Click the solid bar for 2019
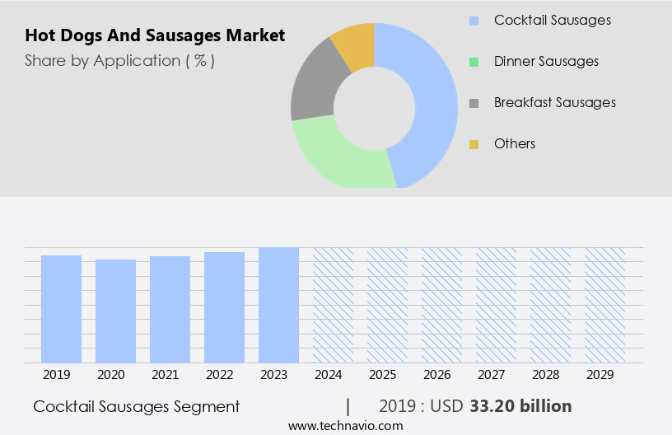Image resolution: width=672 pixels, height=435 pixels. click(61, 309)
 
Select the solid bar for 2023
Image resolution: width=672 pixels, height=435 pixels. click(278, 305)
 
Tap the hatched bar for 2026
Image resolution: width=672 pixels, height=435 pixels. click(441, 305)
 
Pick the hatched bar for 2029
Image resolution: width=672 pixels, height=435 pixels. click(604, 305)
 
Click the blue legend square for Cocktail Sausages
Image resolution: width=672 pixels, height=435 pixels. click(474, 21)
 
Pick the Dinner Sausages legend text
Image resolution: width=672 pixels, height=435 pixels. click(546, 61)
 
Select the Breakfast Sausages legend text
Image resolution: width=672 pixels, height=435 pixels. click(554, 102)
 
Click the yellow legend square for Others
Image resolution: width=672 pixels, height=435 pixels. click(474, 144)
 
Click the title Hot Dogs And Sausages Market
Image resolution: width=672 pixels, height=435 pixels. click(155, 35)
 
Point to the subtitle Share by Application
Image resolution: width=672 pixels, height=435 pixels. click(119, 60)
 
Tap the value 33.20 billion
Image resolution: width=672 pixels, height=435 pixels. click(520, 406)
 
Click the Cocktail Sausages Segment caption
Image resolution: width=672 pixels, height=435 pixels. click(137, 406)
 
